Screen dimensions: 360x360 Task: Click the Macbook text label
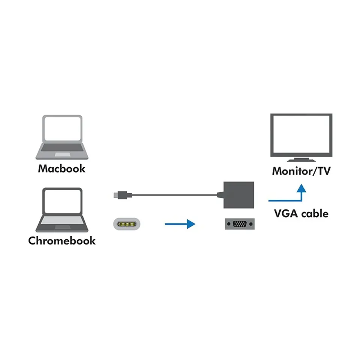point(61,168)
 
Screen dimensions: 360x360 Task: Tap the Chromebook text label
point(61,240)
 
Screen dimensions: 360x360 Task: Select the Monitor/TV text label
point(301,171)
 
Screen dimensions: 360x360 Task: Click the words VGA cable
point(301,214)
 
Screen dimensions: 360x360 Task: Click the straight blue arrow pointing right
point(180,224)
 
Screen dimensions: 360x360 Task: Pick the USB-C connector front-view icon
point(127,224)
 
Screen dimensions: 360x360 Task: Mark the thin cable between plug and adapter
point(172,195)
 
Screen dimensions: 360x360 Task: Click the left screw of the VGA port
point(228,224)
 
